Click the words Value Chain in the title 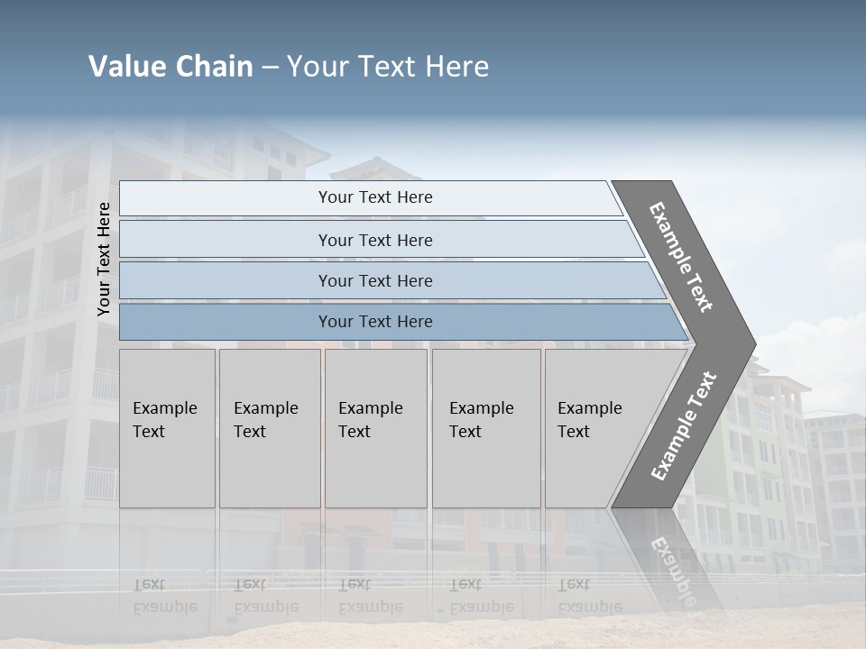click(x=170, y=67)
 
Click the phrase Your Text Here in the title click(x=388, y=67)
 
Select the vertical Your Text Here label click(x=104, y=259)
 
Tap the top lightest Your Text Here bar click(x=375, y=197)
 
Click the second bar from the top click(x=375, y=240)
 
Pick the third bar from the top click(x=375, y=280)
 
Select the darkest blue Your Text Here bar click(x=375, y=322)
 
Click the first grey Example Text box click(x=167, y=428)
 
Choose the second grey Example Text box click(x=269, y=428)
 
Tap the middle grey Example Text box click(x=375, y=428)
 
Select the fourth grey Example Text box click(x=485, y=428)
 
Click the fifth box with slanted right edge click(x=595, y=428)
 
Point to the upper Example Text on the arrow click(x=681, y=257)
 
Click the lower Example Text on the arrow click(x=684, y=425)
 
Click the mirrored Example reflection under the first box click(x=164, y=606)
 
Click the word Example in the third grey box click(x=370, y=408)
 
